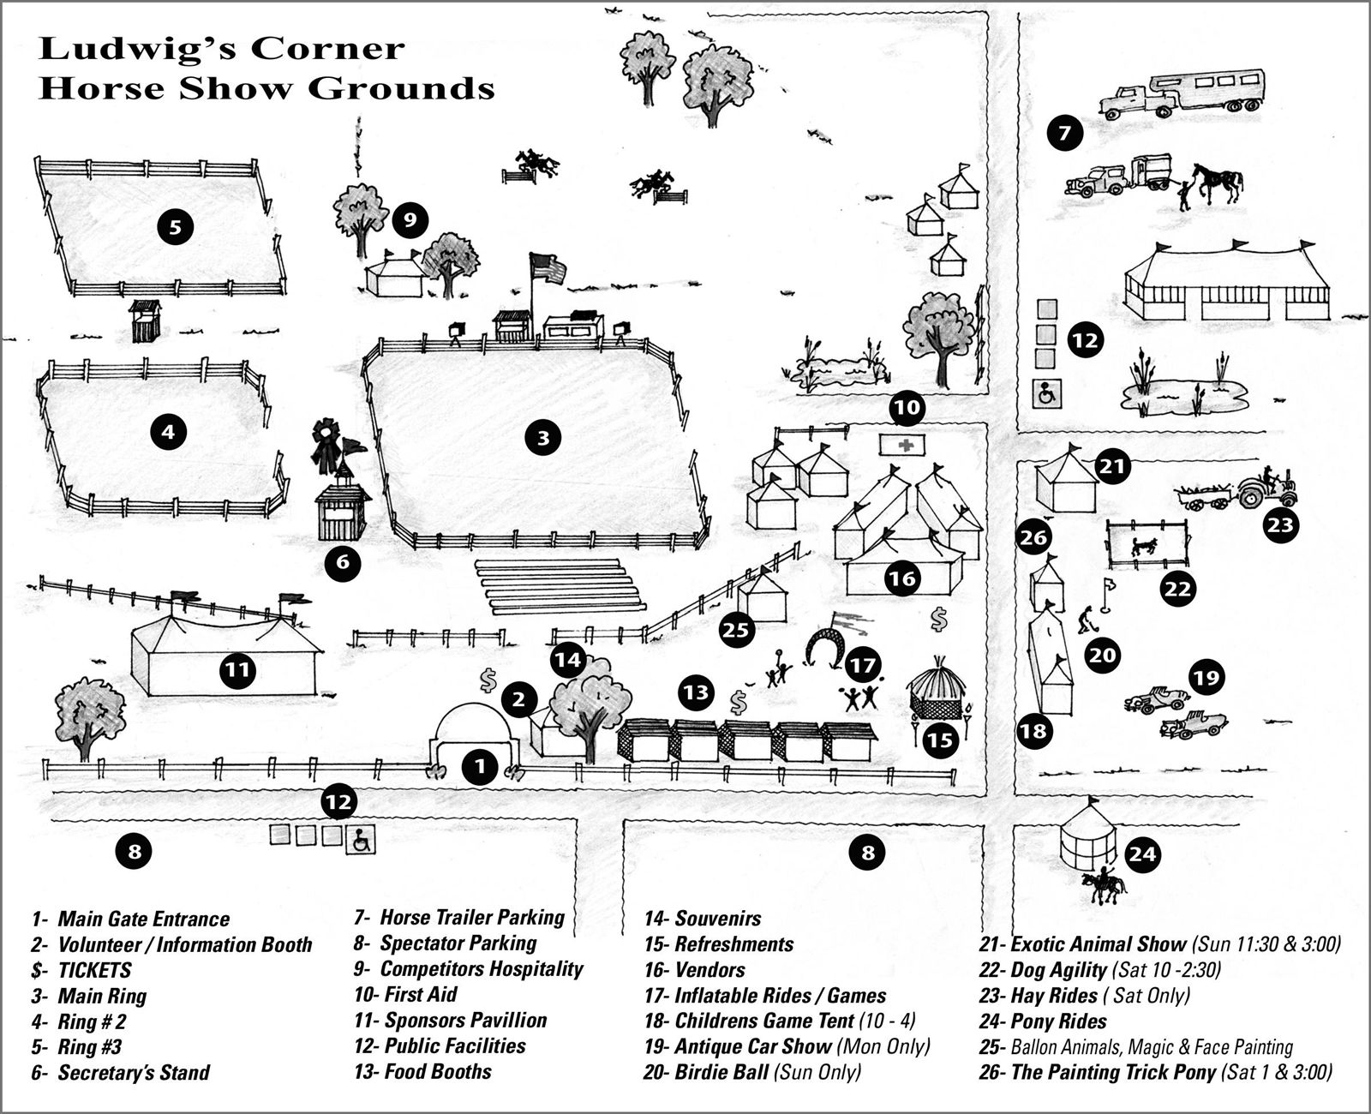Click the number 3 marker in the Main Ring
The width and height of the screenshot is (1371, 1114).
(x=542, y=439)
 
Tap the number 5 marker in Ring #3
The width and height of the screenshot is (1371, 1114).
(x=176, y=227)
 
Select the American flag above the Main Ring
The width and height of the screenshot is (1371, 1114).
(x=548, y=268)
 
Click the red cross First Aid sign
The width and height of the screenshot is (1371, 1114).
(x=903, y=445)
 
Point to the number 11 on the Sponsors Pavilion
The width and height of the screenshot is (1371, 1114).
(x=238, y=669)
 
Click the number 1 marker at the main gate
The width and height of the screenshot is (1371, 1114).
(x=480, y=767)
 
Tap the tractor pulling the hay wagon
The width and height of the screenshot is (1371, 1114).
(x=1265, y=488)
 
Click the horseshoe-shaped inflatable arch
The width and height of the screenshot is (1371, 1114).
(x=825, y=647)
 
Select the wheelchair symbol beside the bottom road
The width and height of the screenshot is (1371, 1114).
(x=361, y=839)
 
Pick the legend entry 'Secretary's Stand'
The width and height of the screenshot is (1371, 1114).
(x=133, y=1072)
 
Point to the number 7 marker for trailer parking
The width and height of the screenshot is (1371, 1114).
(x=1064, y=134)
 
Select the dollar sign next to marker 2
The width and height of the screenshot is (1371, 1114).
(x=488, y=681)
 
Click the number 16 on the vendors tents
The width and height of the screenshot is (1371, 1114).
(x=902, y=578)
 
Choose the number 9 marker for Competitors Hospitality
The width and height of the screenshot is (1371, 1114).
(x=410, y=220)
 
